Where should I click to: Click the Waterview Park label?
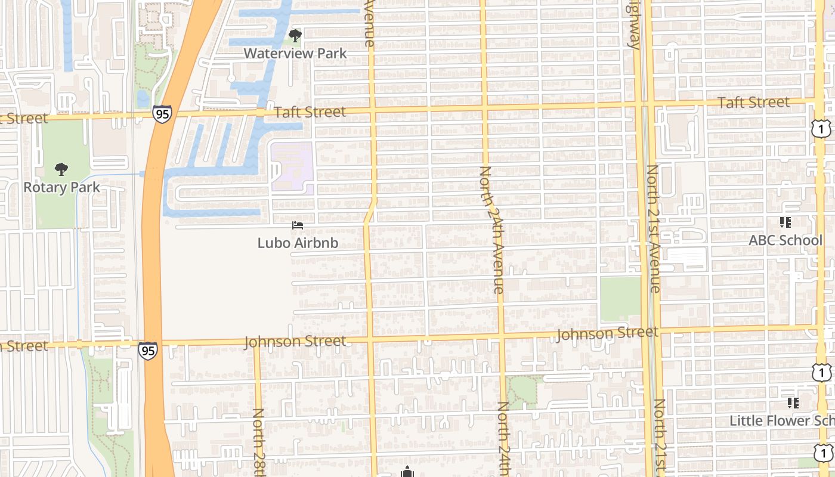coord(295,53)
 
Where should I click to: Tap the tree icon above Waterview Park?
coord(295,36)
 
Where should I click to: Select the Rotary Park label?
coord(61,187)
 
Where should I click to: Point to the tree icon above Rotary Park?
coord(61,170)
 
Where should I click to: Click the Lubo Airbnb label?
coord(298,243)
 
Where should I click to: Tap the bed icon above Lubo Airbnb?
coord(298,225)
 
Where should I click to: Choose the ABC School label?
coord(785,240)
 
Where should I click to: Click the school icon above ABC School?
coord(785,222)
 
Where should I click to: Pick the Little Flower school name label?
coord(782,420)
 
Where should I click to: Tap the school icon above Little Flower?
coord(793,403)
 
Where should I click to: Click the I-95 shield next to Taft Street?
coord(162,113)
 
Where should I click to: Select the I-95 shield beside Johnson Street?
coord(148,350)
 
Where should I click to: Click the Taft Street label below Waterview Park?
coord(310,111)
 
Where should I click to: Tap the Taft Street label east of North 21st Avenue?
coord(753,103)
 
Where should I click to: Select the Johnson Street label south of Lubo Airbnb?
coord(295,342)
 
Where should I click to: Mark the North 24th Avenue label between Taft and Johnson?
coord(492,230)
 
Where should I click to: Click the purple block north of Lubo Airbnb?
coord(292,166)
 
